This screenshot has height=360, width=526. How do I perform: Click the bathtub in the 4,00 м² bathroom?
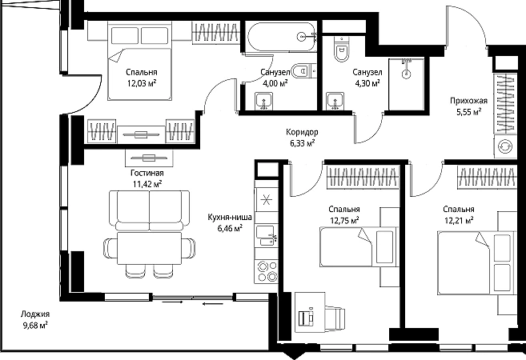[x=282, y=37]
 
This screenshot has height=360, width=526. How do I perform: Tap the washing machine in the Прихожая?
[x=505, y=147]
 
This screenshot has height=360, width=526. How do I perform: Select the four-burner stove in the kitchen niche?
[x=267, y=271]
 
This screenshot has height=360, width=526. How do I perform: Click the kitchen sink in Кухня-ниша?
[x=267, y=236]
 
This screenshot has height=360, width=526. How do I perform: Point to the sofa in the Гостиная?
[x=150, y=210]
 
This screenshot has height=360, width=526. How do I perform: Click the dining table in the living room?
[x=149, y=248]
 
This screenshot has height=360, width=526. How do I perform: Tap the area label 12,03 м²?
[x=142, y=82]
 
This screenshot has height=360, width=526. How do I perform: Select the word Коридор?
[x=303, y=132]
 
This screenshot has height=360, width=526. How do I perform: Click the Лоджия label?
[x=35, y=314]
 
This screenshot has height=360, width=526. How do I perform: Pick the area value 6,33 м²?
[x=302, y=143]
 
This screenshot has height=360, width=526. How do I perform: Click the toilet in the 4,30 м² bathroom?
[x=342, y=50]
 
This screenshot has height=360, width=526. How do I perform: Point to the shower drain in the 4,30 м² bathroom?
[x=406, y=74]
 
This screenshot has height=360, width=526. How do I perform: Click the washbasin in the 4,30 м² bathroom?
[x=335, y=102]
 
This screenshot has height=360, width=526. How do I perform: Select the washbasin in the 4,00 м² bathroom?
[x=263, y=102]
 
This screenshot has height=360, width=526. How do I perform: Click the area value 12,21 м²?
[x=459, y=220]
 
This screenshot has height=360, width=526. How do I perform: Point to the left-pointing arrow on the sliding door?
[x=213, y=304]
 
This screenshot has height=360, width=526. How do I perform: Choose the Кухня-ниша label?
[x=230, y=218]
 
